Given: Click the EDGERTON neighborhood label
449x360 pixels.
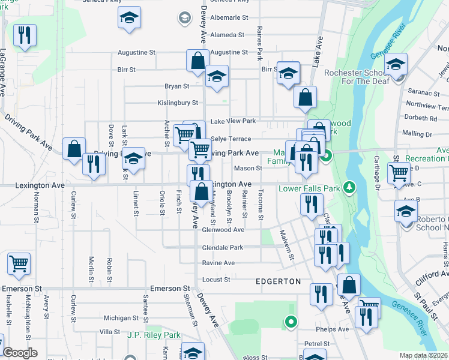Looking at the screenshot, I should point(277,281).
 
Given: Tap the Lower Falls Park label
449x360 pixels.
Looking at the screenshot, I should point(309,188).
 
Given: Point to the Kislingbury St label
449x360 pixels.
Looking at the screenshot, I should point(178,103).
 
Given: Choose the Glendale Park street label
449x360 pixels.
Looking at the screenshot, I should point(223,247).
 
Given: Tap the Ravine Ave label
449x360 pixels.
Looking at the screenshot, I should point(218,263).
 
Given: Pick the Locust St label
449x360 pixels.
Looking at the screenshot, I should point(218,280).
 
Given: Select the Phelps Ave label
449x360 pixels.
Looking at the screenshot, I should point(335,329).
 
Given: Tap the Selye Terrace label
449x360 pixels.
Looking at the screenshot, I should point(231,139).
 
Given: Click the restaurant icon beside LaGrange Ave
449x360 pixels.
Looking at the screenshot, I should point(25,36).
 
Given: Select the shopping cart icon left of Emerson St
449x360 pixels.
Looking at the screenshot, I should point(19,263).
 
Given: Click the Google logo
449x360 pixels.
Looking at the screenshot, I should point(20,353).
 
